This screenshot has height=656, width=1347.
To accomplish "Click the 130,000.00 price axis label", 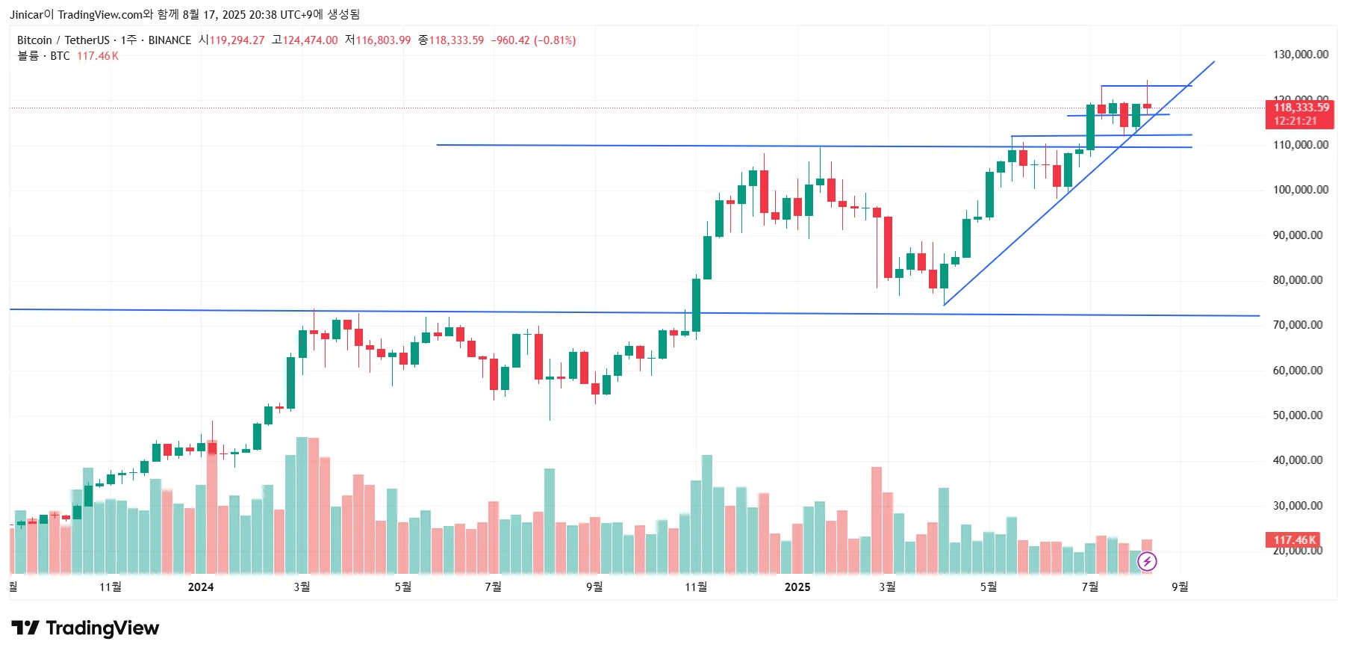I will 1300,55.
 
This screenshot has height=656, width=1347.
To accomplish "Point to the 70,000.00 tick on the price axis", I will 1297,325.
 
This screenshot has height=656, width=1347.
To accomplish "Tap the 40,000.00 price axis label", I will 1297,460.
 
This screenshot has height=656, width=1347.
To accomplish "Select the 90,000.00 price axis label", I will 1297,235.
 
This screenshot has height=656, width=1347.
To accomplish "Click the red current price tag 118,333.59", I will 1301,108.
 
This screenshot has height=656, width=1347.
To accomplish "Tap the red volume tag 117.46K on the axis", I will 1293,539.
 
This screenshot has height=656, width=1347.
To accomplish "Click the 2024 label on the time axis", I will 200,587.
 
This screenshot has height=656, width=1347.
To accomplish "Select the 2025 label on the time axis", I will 797,587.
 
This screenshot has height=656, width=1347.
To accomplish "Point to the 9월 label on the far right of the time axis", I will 1179,587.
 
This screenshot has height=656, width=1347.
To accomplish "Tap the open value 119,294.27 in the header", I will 237,40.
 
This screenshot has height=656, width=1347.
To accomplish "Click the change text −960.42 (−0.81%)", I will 533,40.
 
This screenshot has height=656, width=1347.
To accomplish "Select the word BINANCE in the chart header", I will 169,40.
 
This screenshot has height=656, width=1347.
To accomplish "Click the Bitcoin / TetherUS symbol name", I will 63,40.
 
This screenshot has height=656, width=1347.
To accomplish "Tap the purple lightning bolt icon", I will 1147,561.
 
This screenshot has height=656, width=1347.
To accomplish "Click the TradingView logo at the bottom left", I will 85,628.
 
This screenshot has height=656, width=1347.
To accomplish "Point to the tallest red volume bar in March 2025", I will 877,520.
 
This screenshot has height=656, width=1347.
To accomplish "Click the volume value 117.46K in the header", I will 98,56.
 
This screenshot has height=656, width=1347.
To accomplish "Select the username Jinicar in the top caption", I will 26,14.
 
